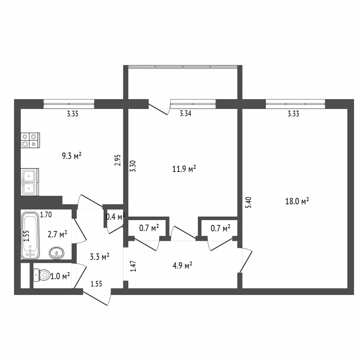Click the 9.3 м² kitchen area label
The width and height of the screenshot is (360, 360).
(72, 156)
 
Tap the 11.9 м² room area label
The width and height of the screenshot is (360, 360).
(184, 169)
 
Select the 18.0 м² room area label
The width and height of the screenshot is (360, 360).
(297, 201)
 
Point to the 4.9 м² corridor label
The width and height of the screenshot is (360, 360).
(182, 266)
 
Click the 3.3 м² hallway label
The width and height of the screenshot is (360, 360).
(99, 256)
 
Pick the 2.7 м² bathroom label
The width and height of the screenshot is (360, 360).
(57, 234)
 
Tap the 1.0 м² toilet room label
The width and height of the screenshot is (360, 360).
(60, 276)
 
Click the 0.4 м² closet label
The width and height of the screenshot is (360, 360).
(115, 216)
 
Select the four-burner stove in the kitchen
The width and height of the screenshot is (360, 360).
(30, 140)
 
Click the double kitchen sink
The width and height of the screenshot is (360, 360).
(30, 182)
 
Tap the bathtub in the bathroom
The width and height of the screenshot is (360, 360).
(30, 236)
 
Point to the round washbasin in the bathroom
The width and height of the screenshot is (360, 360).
(57, 253)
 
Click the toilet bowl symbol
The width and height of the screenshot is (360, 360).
(42, 275)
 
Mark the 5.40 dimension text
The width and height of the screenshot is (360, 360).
(249, 202)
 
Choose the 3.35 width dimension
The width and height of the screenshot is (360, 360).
(72, 114)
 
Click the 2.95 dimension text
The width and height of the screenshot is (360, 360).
(117, 160)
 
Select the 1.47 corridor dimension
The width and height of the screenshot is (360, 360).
(133, 266)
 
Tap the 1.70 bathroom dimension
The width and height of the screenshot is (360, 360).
(46, 215)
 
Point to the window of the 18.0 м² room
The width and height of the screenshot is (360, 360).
(295, 104)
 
